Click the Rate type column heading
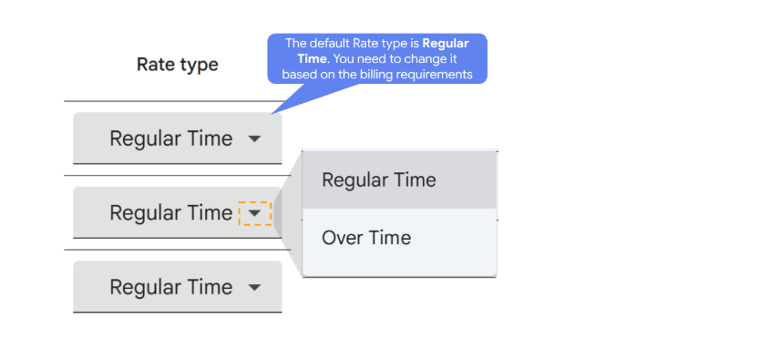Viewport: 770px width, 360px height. click(x=178, y=65)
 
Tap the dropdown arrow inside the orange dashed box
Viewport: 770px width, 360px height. click(x=254, y=213)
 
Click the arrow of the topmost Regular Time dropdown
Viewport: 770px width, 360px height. click(x=254, y=139)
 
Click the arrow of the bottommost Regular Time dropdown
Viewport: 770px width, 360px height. click(x=254, y=287)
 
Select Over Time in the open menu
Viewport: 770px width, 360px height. click(x=366, y=238)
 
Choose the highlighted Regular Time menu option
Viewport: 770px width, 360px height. click(x=378, y=180)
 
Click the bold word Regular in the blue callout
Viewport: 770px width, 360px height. click(x=446, y=44)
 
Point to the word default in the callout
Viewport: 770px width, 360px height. click(x=325, y=44)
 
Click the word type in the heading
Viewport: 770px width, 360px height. click(x=200, y=66)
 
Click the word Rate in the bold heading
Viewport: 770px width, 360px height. click(x=157, y=65)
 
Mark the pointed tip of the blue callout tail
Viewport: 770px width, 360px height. click(x=271, y=115)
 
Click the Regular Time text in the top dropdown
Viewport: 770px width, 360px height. click(x=171, y=139)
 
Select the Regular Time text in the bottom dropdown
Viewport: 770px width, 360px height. click(x=171, y=287)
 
